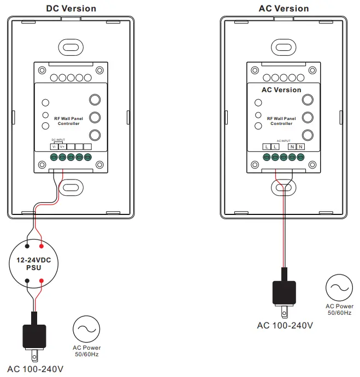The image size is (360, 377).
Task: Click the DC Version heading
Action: click(71, 8)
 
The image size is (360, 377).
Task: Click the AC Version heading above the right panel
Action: click(284, 8)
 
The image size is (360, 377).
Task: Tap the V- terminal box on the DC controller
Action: click(54, 146)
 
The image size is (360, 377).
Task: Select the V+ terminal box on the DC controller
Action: click(62, 146)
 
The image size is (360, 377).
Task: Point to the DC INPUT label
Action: click(58, 140)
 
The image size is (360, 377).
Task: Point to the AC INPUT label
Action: click(284, 140)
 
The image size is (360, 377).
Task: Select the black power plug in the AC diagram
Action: click(284, 294)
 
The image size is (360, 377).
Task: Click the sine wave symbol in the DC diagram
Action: click(86, 329)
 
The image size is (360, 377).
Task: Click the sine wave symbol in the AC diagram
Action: click(339, 288)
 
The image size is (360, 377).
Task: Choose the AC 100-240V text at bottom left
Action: click(35, 369)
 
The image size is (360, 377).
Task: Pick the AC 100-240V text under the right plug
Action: click(285, 326)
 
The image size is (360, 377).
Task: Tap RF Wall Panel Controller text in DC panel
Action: click(69, 121)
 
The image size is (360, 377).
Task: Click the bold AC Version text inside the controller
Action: click(281, 90)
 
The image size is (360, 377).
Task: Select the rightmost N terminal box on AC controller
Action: click(300, 146)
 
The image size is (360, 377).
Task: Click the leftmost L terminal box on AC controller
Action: click(266, 146)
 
